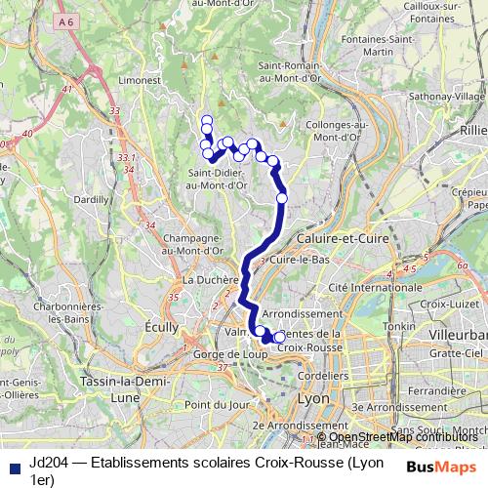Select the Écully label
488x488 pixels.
tap(159, 327)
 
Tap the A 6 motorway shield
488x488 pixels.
tap(65, 20)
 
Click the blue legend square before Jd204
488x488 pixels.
tap(13, 466)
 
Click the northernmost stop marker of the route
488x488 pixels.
tap(206, 121)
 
